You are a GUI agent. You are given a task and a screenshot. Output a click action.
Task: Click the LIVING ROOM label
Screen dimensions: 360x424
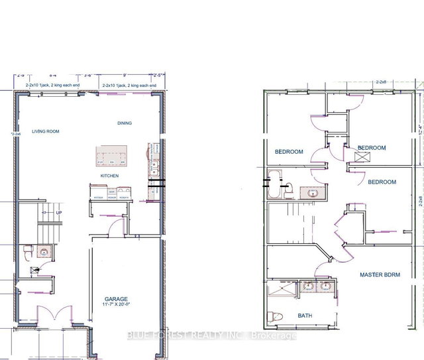coord(44,131)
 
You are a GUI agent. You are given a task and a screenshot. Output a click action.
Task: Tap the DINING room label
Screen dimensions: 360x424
coord(125,123)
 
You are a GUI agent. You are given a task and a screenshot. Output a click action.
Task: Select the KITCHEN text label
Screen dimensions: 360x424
coord(109,175)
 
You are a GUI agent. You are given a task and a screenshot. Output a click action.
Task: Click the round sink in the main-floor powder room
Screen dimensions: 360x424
coord(42,252)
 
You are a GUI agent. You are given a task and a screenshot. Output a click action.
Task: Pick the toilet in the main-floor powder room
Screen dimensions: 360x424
coord(28,252)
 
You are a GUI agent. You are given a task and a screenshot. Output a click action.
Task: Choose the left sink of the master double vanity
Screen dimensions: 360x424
coord(308,286)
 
